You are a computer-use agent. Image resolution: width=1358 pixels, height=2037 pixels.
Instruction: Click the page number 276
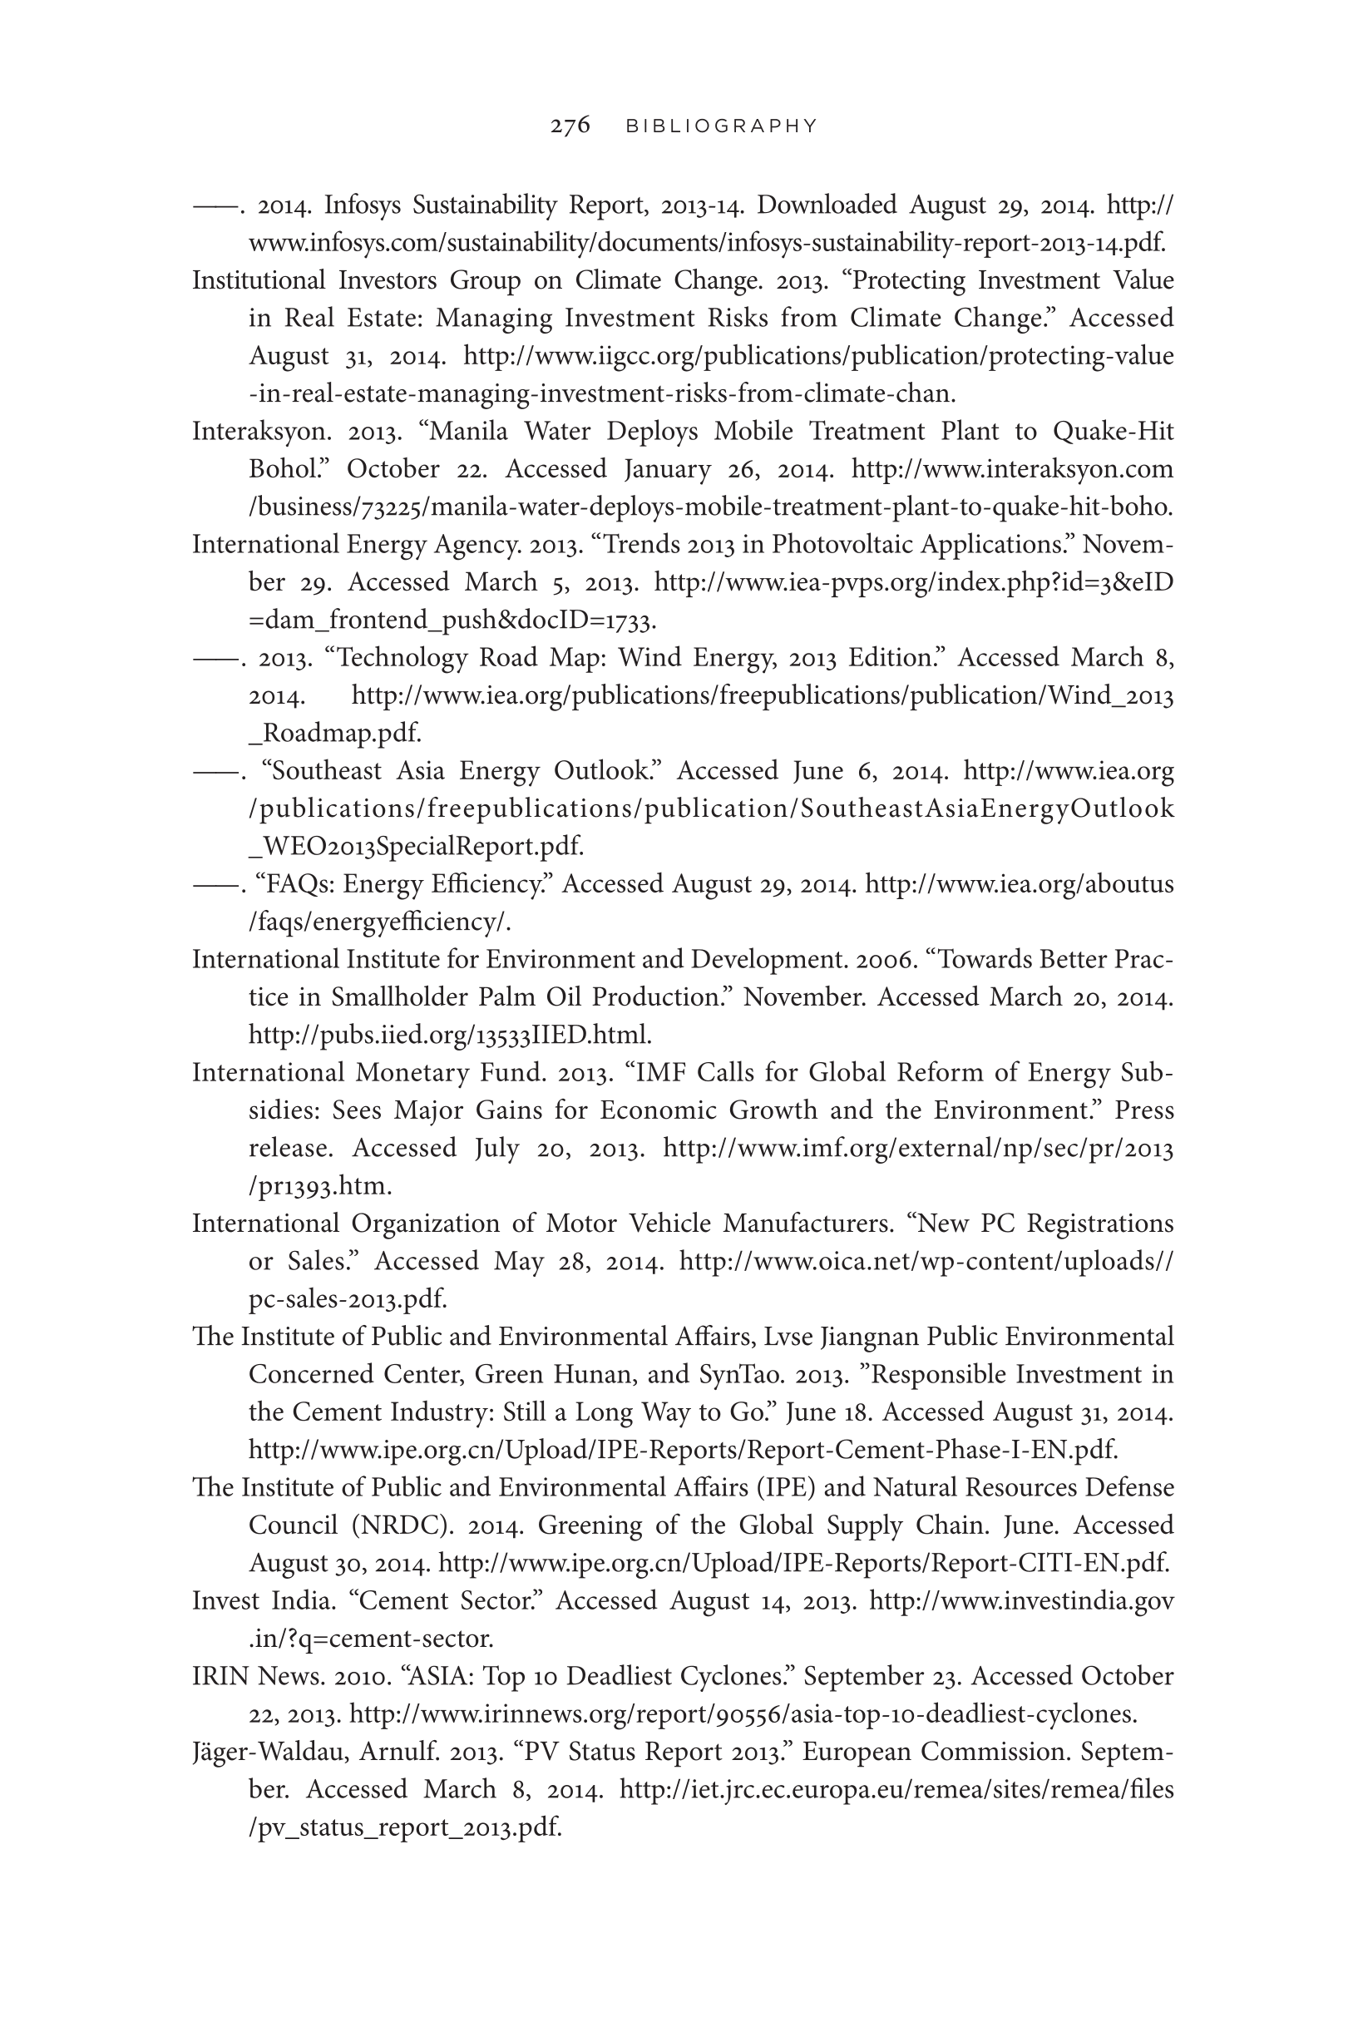click(x=570, y=126)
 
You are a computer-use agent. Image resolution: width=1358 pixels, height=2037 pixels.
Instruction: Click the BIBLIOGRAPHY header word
click(x=722, y=126)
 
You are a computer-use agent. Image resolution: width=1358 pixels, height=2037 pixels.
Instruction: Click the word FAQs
click(x=294, y=884)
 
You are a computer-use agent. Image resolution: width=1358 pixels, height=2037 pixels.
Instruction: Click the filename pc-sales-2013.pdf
click(x=348, y=1299)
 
